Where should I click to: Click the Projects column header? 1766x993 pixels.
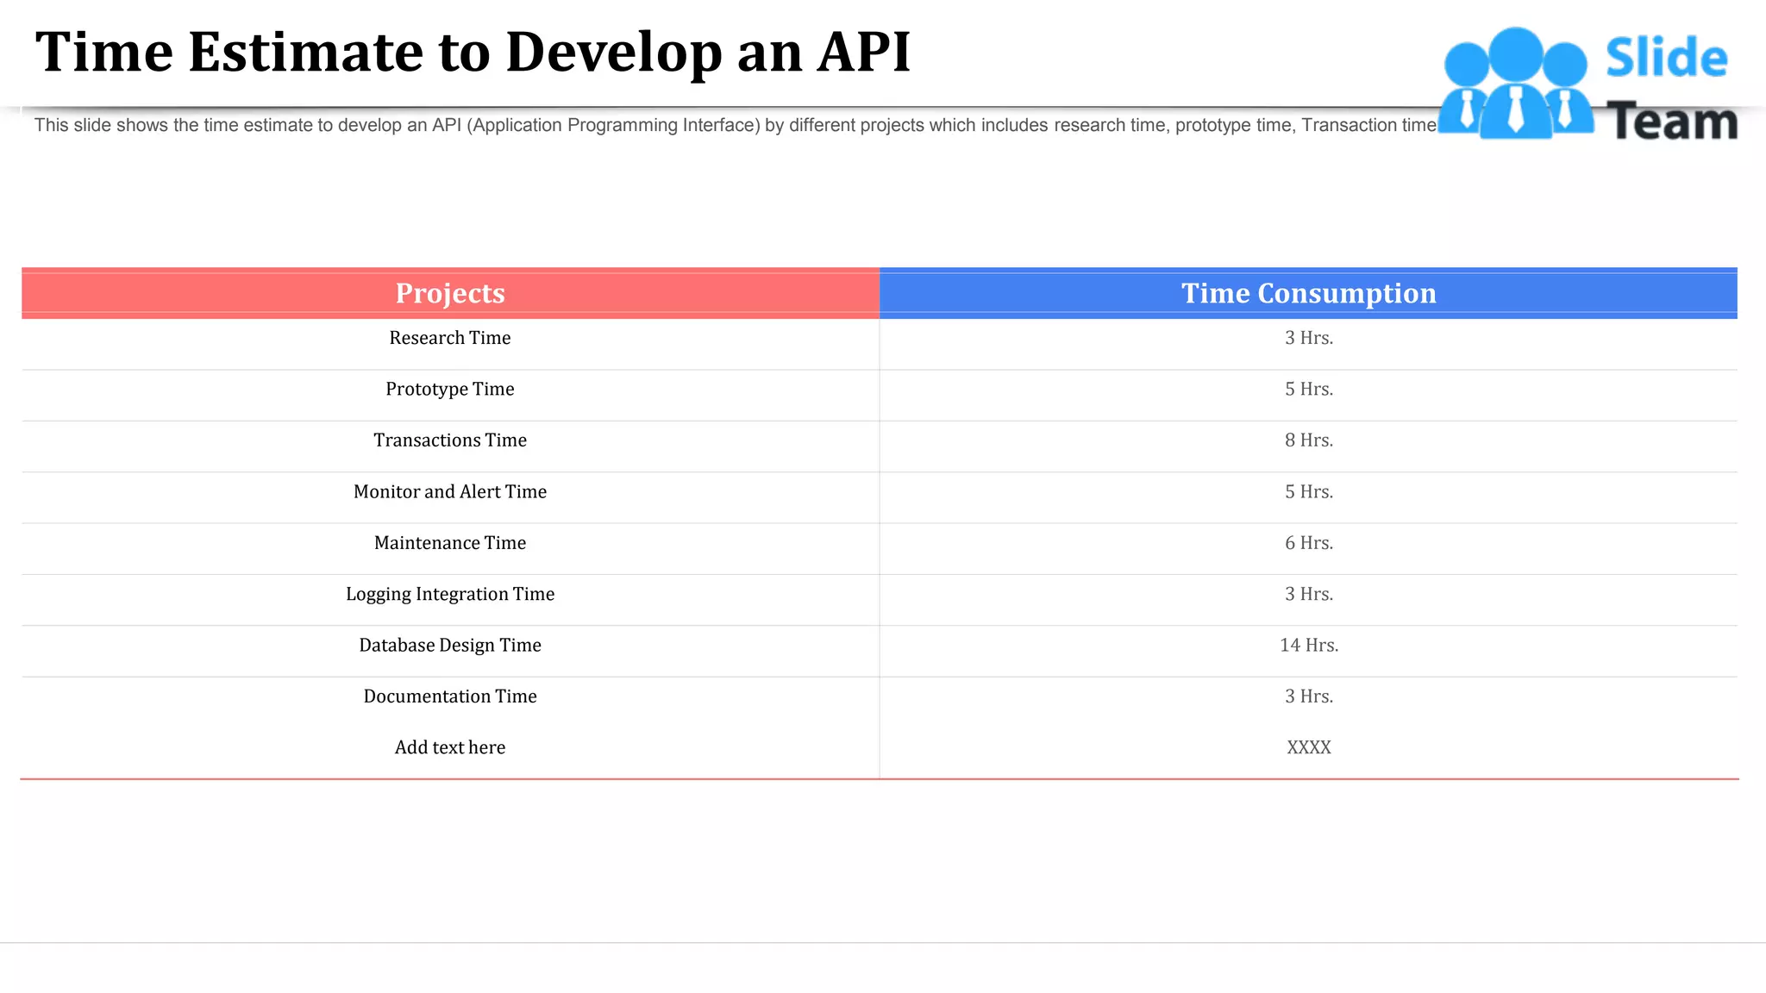pos(450,293)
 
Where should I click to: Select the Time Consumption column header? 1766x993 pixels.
pos(1308,293)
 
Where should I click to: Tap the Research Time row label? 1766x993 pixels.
pos(450,338)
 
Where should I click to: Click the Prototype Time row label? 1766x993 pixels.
pos(450,389)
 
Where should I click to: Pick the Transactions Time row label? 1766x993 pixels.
pos(450,440)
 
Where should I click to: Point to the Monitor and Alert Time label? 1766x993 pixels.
pos(450,491)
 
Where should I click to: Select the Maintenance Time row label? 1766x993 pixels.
pos(450,543)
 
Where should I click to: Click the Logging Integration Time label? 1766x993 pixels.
pos(450,594)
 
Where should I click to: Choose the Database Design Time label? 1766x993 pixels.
pos(450,645)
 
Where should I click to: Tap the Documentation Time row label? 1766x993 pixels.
pos(450,696)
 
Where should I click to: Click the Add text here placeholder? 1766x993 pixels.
pos(450,747)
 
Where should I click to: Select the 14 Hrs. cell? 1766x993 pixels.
pos(1308,645)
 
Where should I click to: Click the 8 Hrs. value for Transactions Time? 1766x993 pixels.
pos(1308,440)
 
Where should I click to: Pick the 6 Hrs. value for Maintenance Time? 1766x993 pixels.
pos(1308,543)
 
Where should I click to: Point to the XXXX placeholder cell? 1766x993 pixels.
pos(1308,747)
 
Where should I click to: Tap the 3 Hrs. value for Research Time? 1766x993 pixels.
pos(1308,338)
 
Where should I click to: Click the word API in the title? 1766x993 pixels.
pos(863,52)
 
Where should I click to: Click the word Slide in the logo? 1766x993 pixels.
pos(1666,59)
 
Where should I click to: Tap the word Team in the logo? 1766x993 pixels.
pos(1672,122)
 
